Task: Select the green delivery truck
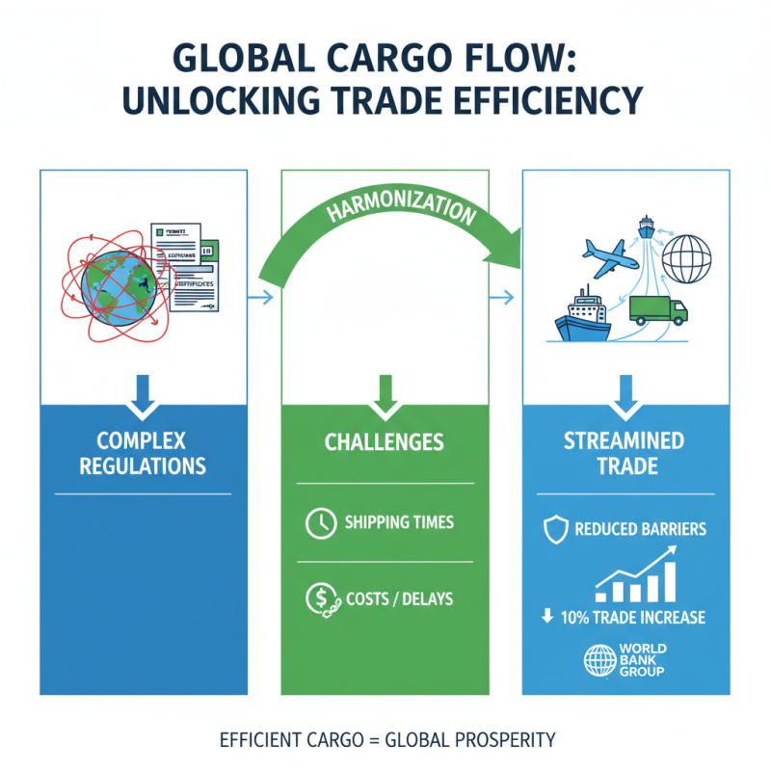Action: click(x=659, y=309)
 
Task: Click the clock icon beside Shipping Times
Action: click(x=317, y=523)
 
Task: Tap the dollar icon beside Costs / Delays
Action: click(x=318, y=599)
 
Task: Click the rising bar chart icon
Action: click(x=636, y=576)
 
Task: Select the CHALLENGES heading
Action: click(x=385, y=442)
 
